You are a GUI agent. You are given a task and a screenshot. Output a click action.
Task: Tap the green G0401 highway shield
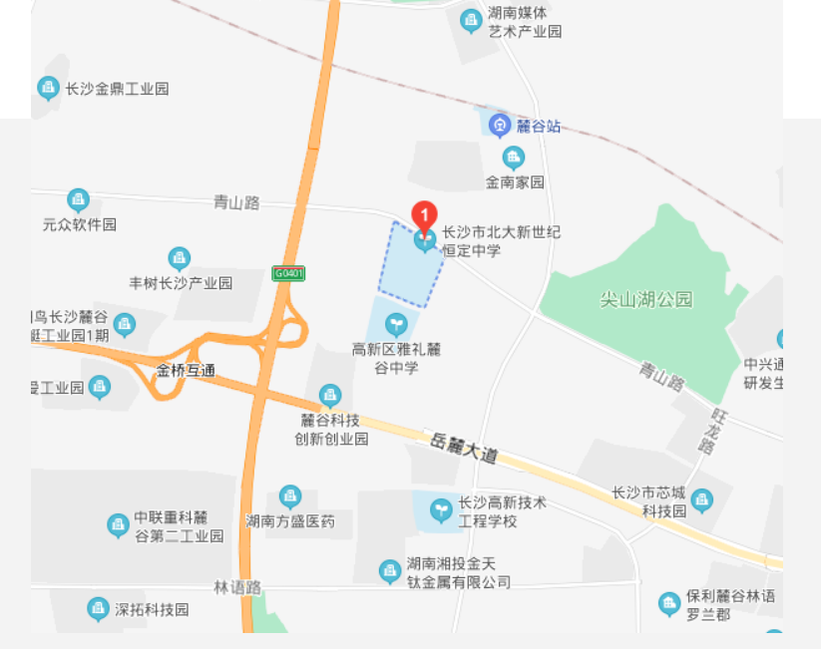tap(288, 273)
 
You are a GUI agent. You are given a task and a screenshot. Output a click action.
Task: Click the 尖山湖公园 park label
tap(645, 299)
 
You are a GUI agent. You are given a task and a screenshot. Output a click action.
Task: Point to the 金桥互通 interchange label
tap(186, 370)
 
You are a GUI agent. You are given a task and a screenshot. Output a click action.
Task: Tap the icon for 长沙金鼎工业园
tap(48, 89)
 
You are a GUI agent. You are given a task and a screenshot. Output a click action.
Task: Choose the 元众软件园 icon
tap(78, 200)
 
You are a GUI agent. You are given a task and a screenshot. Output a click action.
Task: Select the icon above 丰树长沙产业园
tap(180, 259)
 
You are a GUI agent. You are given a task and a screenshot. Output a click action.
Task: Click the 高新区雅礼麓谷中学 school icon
tap(396, 324)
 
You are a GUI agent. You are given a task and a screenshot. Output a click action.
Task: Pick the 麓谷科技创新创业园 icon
tap(330, 396)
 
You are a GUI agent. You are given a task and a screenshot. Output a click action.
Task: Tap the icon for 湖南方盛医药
tap(289, 496)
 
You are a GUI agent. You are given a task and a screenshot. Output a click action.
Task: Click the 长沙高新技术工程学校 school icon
tap(440, 510)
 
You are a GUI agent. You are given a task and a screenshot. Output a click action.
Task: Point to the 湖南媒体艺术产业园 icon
tap(471, 20)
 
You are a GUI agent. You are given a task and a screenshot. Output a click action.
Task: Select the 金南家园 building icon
tap(514, 158)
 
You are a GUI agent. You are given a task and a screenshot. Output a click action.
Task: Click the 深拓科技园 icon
tap(98, 608)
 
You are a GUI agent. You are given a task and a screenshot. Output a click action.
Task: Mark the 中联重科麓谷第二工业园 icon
tap(118, 524)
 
